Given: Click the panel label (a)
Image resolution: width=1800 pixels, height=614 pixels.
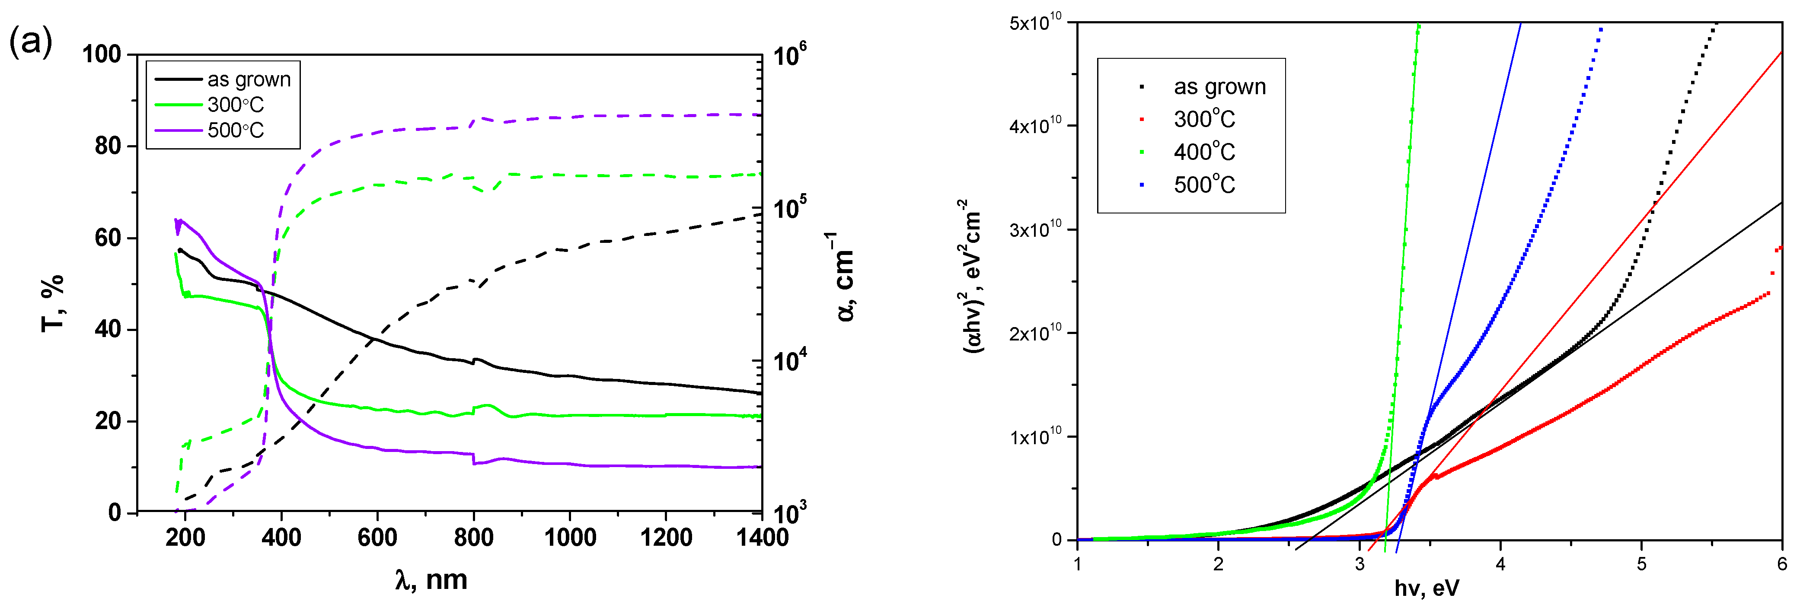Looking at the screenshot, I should click(x=30, y=43).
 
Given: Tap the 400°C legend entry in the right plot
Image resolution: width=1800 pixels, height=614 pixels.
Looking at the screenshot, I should click(x=1203, y=152).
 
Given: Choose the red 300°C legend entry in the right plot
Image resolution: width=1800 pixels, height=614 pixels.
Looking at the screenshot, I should click(x=1203, y=119).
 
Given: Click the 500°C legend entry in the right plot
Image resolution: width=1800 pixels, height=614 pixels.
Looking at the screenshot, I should click(x=1203, y=185).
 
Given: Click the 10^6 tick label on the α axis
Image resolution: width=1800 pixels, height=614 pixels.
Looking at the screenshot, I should click(x=790, y=54).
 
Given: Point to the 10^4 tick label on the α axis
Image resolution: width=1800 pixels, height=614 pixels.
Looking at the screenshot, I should click(x=790, y=360).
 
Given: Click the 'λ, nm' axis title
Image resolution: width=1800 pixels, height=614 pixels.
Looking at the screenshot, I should click(x=431, y=580).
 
